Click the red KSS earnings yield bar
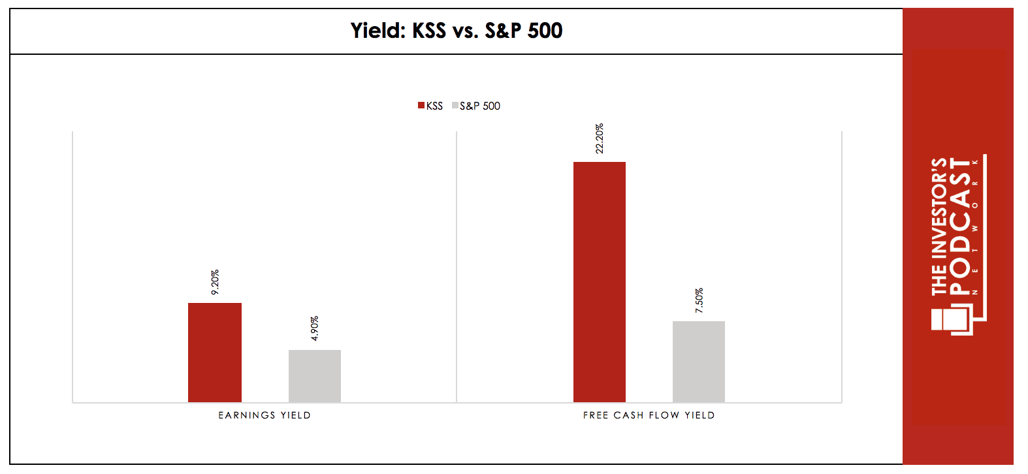[215, 353]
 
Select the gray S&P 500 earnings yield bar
[315, 376]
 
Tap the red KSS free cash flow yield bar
[600, 282]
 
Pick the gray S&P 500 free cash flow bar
[699, 362]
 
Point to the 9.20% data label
[215, 282]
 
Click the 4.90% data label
[314, 328]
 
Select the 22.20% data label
[600, 138]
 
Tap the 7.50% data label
[699, 300]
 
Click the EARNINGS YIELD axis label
[265, 415]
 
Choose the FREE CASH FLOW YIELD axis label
[649, 415]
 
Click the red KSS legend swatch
[421, 106]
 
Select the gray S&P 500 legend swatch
[455, 106]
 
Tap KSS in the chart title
[429, 31]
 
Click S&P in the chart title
[503, 31]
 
